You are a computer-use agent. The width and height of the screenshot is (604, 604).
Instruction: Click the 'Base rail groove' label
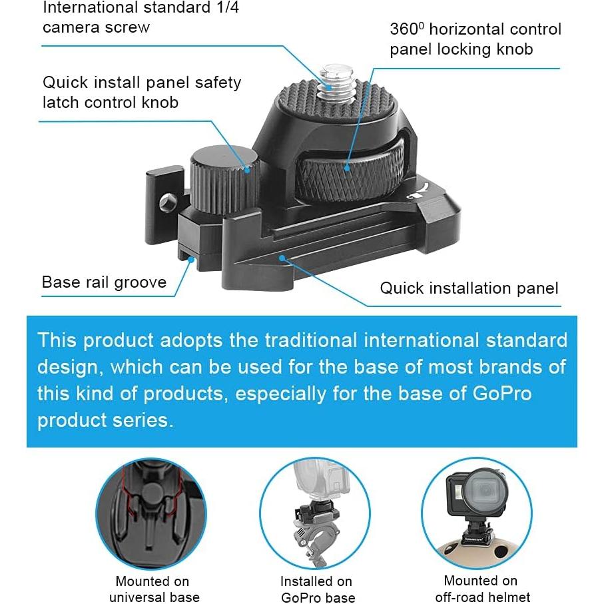coord(104,282)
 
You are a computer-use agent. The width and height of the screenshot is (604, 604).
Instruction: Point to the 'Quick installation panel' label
coord(469,288)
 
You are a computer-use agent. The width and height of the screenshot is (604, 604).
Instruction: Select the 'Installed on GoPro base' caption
coord(316,589)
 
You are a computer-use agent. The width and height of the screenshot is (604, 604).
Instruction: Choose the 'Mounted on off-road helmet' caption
coord(480,589)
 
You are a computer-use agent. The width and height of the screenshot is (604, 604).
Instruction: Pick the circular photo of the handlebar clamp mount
coord(314,513)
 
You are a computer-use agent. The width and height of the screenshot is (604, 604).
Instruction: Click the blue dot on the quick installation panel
coord(284,257)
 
